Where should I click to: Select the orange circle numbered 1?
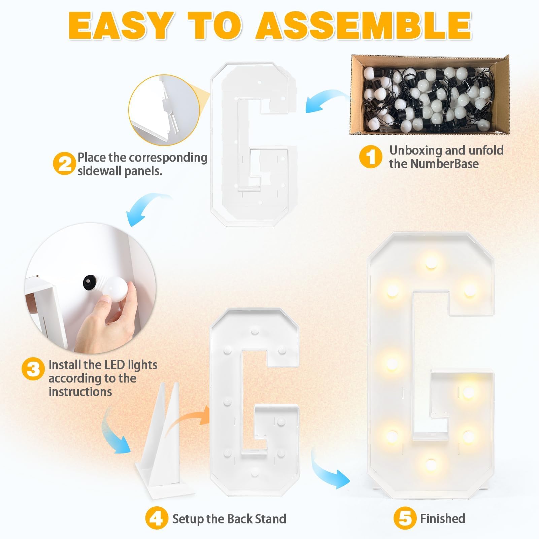coord(371,157)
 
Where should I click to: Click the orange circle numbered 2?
coord(64,164)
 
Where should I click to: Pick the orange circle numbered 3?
coord(33,369)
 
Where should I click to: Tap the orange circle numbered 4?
coord(157,519)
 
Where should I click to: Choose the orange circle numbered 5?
coord(405,519)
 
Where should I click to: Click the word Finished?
coord(443,518)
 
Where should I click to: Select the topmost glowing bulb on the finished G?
coord(431,262)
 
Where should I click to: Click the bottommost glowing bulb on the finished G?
coord(431,465)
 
